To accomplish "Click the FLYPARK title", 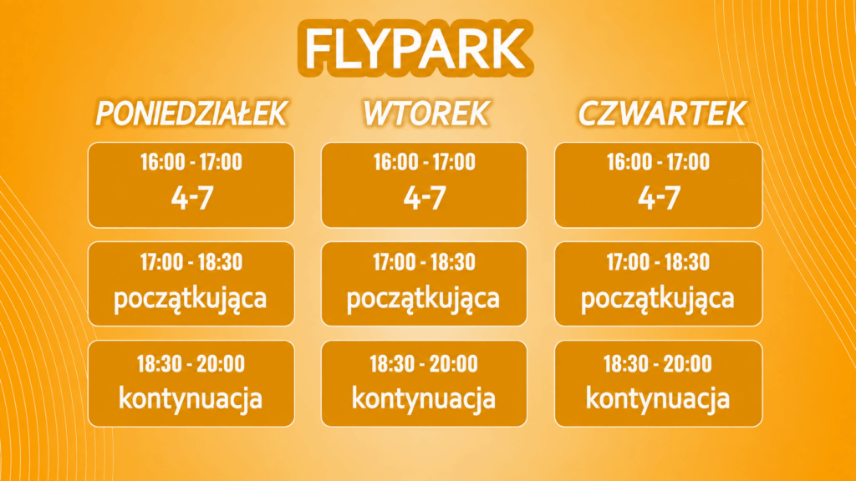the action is coord(415,48).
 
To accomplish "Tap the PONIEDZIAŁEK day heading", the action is coord(191,114).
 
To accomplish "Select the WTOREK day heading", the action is coord(425,114).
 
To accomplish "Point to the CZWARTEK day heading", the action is coord(662,114).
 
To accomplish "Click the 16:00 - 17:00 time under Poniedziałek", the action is coord(191,162).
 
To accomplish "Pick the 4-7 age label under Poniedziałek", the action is coord(192,197).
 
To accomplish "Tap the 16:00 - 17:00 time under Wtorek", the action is coord(424,162).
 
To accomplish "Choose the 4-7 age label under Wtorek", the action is coord(425,197).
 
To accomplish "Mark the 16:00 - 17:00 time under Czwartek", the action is coord(659,162).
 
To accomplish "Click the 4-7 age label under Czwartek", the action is coord(659,197).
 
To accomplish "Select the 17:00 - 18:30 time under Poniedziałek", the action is coord(191,262).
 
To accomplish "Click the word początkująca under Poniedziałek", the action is coord(190,300).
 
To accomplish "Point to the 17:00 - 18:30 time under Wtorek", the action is coord(424,262).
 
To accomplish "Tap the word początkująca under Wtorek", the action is coord(423,300).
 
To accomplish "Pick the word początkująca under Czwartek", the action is coord(657,300).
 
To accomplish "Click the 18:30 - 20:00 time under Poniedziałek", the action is coord(191,364).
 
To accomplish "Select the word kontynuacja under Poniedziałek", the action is coord(191,398).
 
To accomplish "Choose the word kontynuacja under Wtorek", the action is coord(424,398).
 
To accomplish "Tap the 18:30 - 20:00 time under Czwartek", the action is coord(658,364).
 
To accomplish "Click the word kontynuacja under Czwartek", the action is coord(658,398).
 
